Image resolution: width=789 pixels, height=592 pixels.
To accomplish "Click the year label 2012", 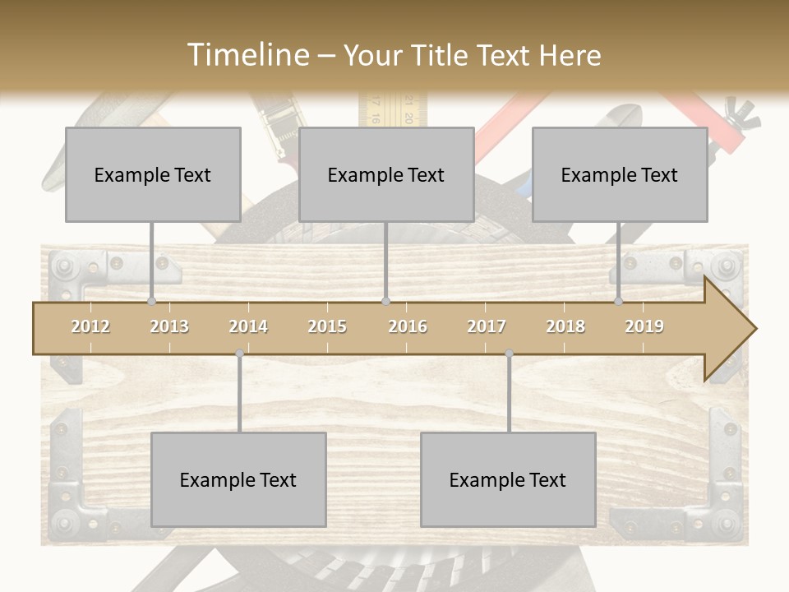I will coord(90,326).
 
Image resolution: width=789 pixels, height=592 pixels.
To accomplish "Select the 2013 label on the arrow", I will coord(169,326).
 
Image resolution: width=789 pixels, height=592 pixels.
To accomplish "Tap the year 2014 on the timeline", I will coord(248,326).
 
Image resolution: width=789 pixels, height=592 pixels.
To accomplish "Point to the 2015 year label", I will coord(327,326).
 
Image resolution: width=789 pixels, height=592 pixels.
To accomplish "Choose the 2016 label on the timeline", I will coord(408,326).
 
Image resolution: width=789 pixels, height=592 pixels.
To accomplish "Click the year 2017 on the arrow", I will coord(487,326).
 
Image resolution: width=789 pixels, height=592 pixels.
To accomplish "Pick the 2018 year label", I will coord(565,326).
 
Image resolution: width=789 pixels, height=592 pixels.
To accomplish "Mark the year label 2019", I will coord(644,326).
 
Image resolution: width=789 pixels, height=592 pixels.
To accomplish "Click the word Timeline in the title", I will coord(247,55).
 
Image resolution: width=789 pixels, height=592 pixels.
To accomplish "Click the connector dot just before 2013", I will coord(151,302).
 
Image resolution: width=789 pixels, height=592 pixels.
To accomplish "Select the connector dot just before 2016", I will coord(385,302).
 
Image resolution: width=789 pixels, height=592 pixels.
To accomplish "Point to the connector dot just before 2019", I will coord(619,302).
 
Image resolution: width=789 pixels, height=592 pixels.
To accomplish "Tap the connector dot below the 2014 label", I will coord(239,354).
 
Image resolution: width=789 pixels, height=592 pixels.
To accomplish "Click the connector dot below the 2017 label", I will coord(509,354).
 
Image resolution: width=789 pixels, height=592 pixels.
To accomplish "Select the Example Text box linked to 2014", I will coord(238,479).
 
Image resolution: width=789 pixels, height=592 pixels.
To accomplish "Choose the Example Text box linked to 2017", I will coord(508,479).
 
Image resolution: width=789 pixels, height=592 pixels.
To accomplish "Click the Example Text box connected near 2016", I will coord(386,174).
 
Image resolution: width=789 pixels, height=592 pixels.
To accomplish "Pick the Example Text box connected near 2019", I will coord(620,174).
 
